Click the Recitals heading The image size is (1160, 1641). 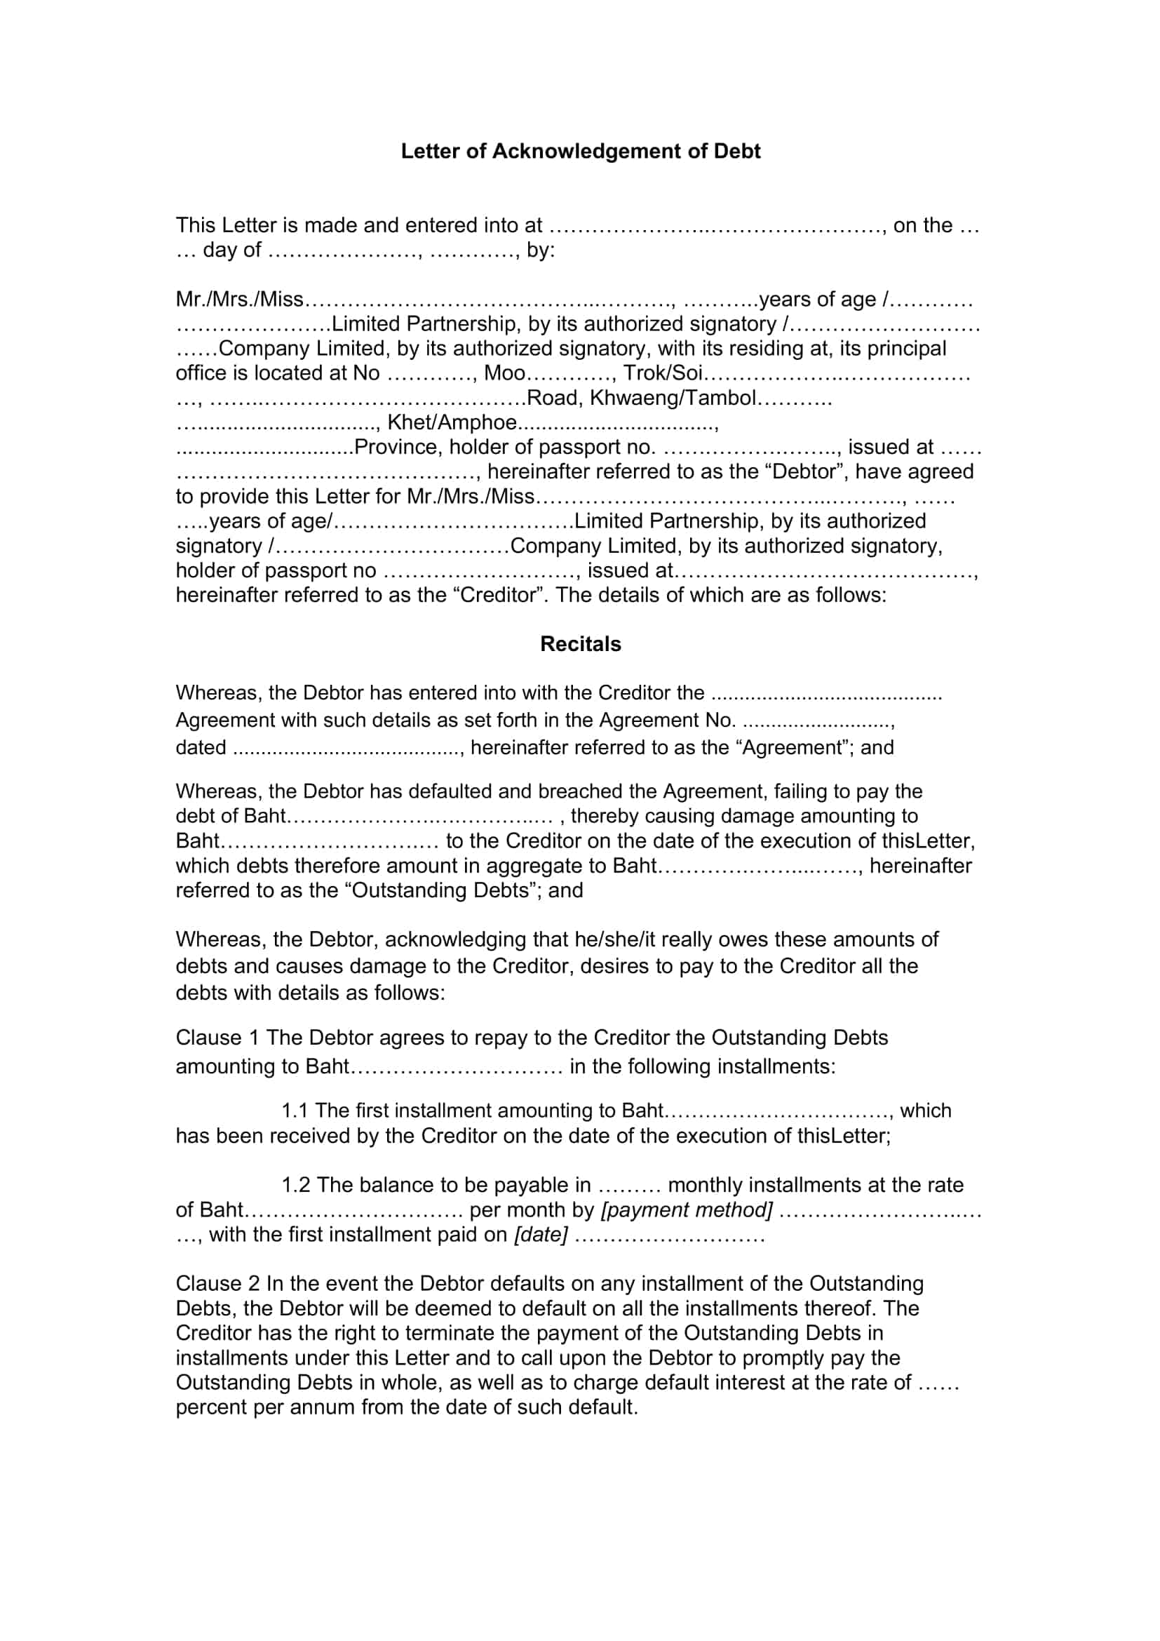pyautogui.click(x=580, y=644)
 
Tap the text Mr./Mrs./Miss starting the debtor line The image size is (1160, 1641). pyautogui.click(x=240, y=300)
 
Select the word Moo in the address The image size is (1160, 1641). pyautogui.click(x=504, y=373)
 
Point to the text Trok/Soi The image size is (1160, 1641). pyautogui.click(x=663, y=373)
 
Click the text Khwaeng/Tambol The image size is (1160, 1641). pyautogui.click(x=672, y=398)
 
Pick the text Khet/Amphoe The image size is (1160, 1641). pyautogui.click(x=452, y=422)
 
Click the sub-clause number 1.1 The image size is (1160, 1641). pyautogui.click(x=295, y=1111)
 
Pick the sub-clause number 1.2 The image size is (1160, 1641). pyautogui.click(x=296, y=1185)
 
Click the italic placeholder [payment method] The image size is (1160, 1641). pyautogui.click(x=687, y=1210)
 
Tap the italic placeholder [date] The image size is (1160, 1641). pyautogui.click(x=541, y=1235)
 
